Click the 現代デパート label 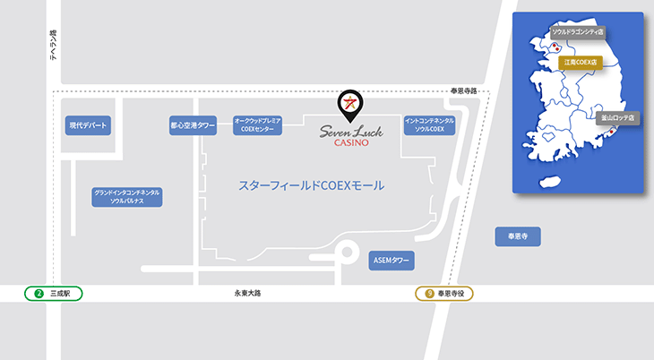coord(89,126)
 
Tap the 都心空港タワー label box coord(193,126)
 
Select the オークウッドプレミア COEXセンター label coord(257,124)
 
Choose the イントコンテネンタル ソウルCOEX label coord(429,124)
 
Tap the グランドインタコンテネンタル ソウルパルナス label coord(126,197)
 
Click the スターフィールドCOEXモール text coord(311,186)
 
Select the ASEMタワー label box coord(391,260)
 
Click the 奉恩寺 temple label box coord(518,237)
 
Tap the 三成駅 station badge coord(54,293)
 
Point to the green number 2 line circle coord(39,293)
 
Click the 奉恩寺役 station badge coord(444,293)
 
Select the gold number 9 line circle coord(429,293)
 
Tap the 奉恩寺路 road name coord(464,91)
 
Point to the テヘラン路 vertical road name coord(53,45)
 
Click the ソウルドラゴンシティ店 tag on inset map coord(577,31)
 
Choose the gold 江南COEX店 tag coord(579,63)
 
